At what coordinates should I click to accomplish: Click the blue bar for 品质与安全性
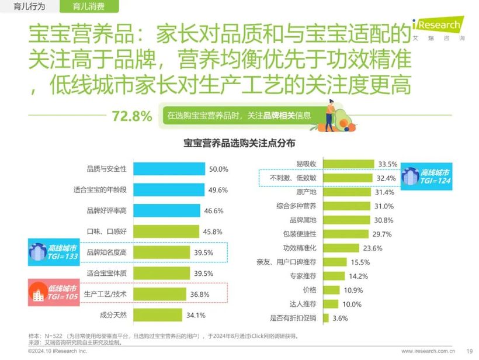(169, 169)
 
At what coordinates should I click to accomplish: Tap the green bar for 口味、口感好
(166, 231)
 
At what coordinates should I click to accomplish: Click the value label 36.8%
(200, 295)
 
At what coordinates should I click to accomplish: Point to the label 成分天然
(113, 316)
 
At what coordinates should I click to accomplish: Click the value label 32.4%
(387, 178)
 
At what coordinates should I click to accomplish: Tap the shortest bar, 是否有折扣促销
(327, 318)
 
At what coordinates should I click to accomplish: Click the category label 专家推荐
(302, 276)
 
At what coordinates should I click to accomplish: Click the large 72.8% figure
(131, 116)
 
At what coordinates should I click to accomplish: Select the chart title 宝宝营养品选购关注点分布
(239, 143)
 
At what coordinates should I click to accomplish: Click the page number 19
(469, 351)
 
